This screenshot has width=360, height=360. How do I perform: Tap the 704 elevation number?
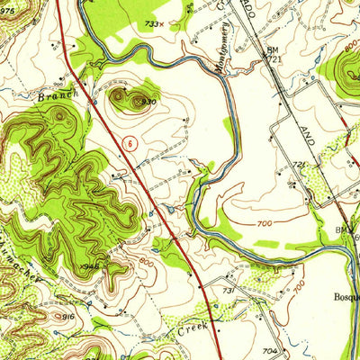268,350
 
